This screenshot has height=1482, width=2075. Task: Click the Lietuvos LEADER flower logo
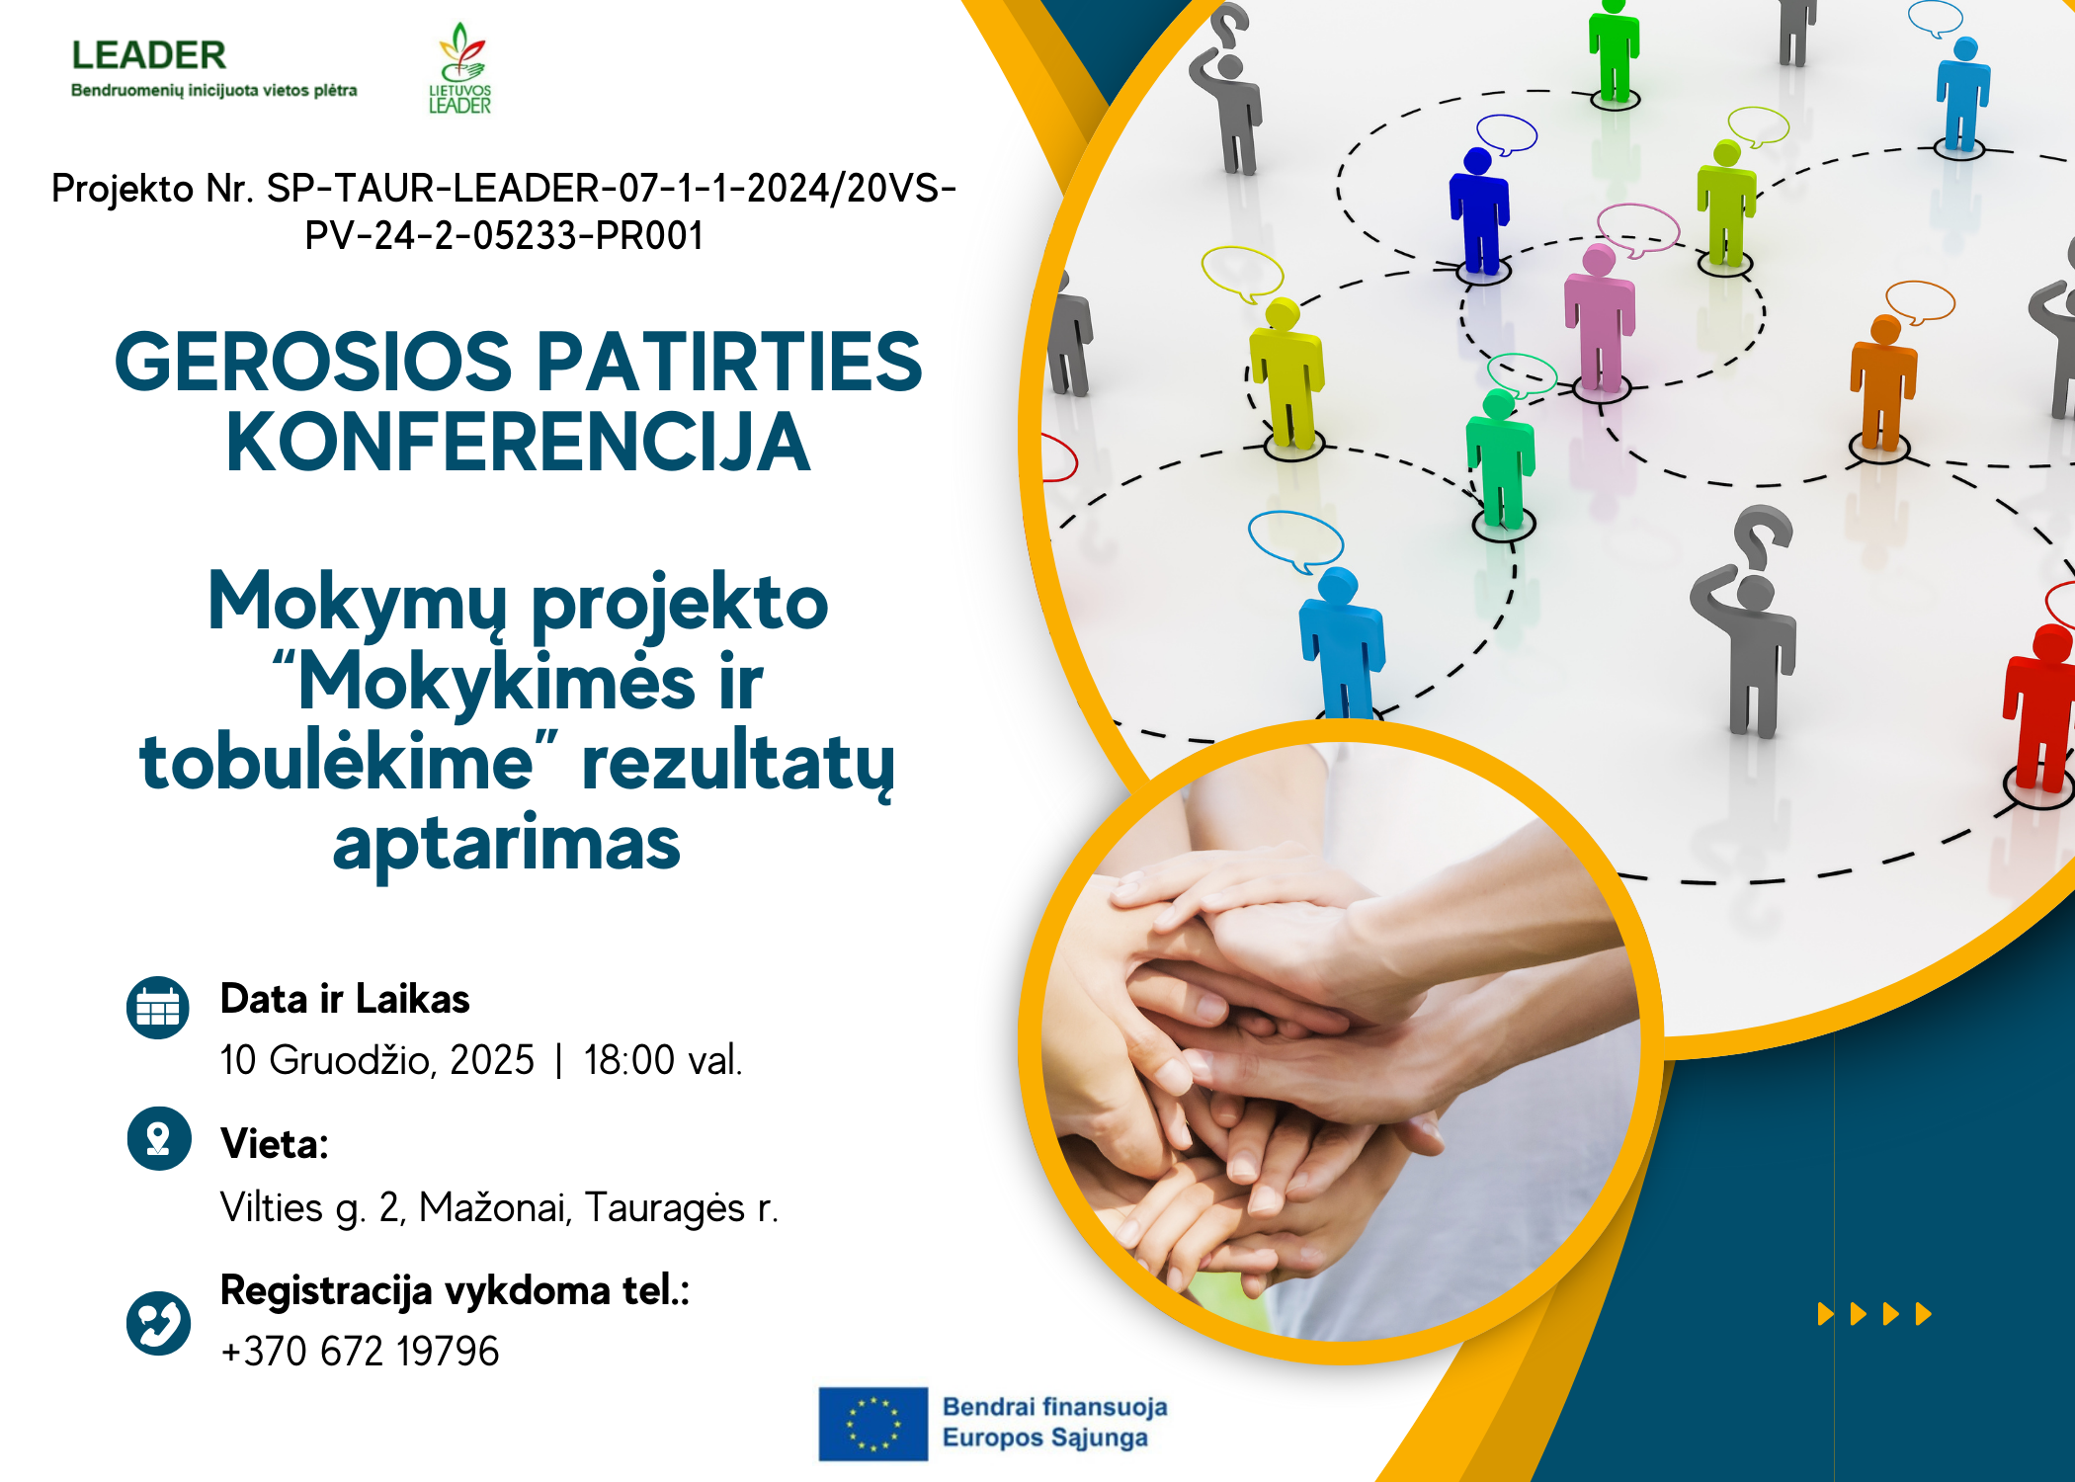tap(459, 67)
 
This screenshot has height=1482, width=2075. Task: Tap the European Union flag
tap(872, 1424)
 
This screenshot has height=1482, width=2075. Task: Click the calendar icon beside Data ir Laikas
tap(158, 1008)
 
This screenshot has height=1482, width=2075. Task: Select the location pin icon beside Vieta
tap(159, 1138)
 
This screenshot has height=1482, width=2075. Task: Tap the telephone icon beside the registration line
tap(158, 1323)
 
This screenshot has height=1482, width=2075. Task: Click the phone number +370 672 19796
tap(360, 1351)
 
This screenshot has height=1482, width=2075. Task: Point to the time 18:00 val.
tap(662, 1060)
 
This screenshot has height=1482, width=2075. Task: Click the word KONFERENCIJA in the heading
tap(519, 443)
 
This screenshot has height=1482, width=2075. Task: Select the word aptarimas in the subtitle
tap(506, 845)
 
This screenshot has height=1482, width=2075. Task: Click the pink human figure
tap(1598, 318)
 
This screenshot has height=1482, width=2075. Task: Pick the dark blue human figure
tap(1479, 210)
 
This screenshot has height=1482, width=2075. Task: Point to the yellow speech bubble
tap(1242, 273)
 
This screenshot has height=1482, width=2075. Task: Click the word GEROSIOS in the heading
tap(313, 362)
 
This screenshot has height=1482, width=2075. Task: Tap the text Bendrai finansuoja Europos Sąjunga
tap(1054, 1422)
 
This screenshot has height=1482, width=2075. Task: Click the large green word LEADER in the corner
tap(149, 55)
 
